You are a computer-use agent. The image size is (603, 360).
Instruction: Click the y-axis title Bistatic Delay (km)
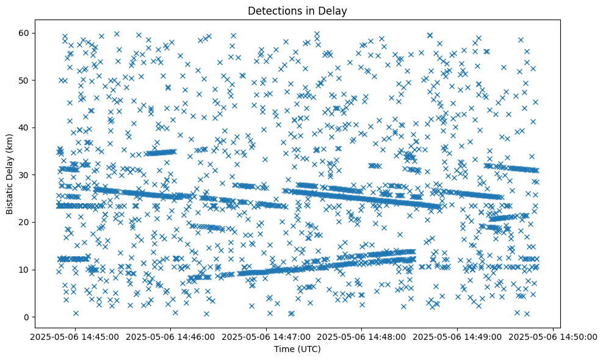(10, 173)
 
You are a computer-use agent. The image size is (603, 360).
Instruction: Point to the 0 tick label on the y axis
(27, 317)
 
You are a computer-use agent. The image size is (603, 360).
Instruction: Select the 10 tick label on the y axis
(24, 270)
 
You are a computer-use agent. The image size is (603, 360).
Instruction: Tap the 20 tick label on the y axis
(24, 222)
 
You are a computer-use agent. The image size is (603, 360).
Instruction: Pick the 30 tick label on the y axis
(24, 175)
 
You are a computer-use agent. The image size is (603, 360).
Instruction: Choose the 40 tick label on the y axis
(24, 128)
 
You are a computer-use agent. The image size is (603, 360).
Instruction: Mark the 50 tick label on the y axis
(24, 80)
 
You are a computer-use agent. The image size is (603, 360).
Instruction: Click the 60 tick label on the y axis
(24, 33)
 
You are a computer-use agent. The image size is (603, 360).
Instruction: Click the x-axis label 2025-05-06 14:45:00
(74, 336)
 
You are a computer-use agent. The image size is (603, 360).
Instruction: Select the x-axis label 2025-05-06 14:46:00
(170, 336)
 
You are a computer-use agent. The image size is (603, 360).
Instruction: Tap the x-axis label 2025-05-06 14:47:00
(266, 336)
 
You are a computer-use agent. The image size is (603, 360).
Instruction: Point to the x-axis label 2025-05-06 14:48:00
(362, 336)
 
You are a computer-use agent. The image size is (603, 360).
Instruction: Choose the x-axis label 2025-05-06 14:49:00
(458, 336)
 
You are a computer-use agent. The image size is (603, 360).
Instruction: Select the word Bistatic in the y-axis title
(10, 198)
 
